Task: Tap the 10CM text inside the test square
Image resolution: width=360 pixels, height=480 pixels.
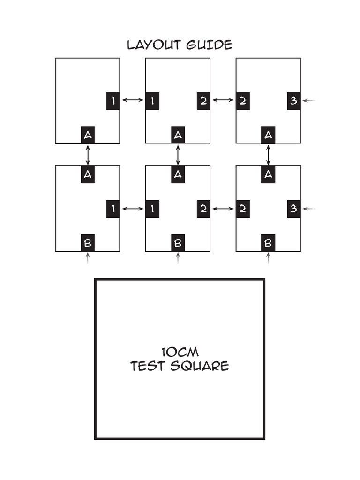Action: [180, 352]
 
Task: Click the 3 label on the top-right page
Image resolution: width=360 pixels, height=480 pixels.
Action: [293, 101]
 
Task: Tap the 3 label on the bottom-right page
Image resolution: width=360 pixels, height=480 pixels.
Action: [293, 209]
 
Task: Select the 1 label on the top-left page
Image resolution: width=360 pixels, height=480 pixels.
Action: [113, 101]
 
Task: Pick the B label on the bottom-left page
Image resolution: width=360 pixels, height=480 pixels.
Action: [88, 243]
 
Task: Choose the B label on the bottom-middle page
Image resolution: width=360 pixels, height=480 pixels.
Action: [178, 243]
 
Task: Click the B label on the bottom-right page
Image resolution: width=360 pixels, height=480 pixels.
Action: [268, 243]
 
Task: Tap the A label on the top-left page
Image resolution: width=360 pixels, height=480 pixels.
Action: [88, 135]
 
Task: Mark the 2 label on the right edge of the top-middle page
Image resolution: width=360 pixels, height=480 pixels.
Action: [203, 101]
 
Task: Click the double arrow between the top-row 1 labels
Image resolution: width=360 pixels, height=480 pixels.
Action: [133, 100]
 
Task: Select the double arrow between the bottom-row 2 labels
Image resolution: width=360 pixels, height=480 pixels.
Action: [223, 209]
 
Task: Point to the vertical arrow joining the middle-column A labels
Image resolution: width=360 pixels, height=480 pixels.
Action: [178, 155]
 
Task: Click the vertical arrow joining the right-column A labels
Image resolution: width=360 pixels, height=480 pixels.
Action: [268, 155]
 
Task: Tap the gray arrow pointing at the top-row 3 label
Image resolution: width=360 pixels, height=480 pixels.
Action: [309, 100]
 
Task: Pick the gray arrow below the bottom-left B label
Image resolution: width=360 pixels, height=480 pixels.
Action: [88, 258]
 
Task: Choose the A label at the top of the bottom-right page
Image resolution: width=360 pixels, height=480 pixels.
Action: [268, 174]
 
